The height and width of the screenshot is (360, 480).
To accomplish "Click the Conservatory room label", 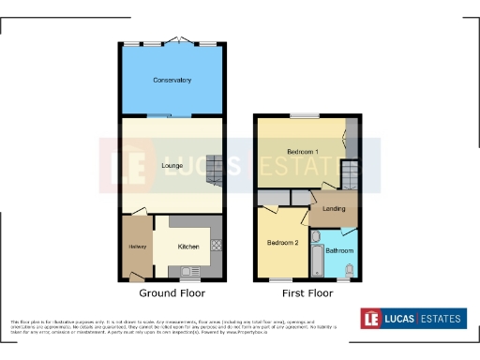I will pos(172,81).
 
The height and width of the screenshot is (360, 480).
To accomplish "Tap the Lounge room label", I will pos(172,166).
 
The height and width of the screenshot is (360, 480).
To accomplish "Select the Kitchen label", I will pos(188,247).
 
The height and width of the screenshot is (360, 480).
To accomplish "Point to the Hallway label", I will pos(137,247).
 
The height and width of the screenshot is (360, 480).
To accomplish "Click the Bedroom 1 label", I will pos(303,152).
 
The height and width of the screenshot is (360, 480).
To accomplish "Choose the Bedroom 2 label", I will pos(282,243).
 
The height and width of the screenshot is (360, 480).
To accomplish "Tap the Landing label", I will pos(334,208).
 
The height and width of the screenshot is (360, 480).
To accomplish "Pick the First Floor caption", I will pos(307,293).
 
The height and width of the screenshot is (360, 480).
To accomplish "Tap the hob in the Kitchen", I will pos(217,246).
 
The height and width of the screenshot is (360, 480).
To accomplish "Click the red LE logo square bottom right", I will pos(374,319).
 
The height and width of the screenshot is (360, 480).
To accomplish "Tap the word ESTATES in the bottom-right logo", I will pos(440,319).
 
